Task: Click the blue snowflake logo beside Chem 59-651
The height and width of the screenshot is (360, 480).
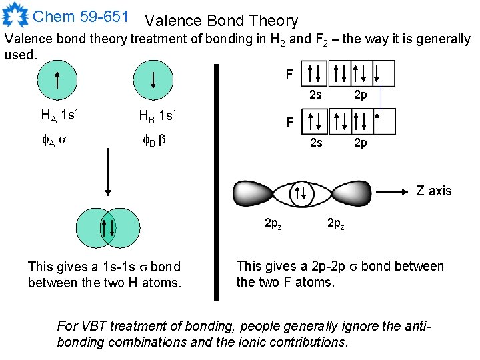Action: pos(15,15)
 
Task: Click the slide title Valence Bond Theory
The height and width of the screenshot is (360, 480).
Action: pos(221,21)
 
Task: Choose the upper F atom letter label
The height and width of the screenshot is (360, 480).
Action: pos(289,75)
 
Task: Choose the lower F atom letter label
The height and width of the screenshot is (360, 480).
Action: pos(289,123)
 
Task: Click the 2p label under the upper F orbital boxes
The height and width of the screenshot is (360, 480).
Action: pos(360,95)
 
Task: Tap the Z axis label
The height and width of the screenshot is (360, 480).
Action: pos(434,191)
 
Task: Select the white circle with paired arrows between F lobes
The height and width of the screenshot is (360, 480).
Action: pos(301,194)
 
